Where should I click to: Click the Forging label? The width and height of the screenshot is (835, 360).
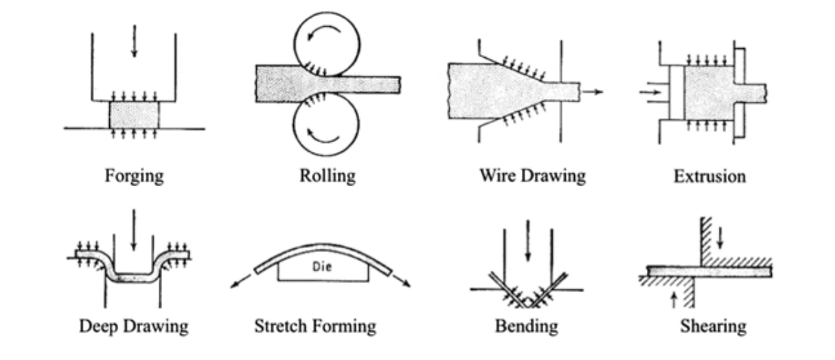(x=134, y=176)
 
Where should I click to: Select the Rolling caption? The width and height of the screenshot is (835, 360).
(x=328, y=176)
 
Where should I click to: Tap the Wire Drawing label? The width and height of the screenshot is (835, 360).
(x=532, y=176)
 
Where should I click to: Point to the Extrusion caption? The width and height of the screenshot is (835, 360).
(x=709, y=177)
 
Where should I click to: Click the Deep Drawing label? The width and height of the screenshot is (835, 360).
(x=133, y=325)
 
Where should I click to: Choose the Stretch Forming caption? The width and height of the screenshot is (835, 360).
(x=314, y=325)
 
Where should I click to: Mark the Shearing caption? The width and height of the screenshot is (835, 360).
(x=713, y=325)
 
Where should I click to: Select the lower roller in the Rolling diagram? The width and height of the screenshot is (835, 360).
(x=328, y=126)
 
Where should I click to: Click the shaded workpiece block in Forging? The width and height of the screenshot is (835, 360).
(x=134, y=114)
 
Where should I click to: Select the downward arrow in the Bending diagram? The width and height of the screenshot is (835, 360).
(x=527, y=240)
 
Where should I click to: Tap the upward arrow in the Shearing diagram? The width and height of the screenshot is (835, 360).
(x=674, y=297)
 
